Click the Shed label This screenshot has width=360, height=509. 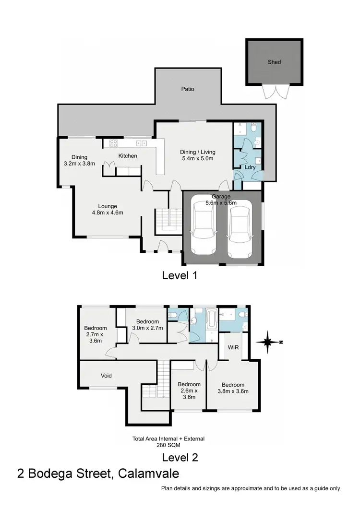point(275,62)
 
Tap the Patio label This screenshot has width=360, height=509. point(188,89)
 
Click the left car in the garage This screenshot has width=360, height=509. point(203,229)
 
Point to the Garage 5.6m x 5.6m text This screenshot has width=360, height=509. point(222,200)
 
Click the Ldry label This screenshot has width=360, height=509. point(249,167)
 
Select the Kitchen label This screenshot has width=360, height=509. point(128,155)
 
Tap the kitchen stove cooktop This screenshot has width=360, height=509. point(114,142)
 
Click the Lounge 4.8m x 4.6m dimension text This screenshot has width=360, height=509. point(108,209)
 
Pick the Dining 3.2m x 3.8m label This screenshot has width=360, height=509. point(79,160)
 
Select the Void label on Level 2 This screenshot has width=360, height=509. point(106,375)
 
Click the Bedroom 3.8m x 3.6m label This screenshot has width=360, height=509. point(233,388)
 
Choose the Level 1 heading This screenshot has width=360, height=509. point(180,275)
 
